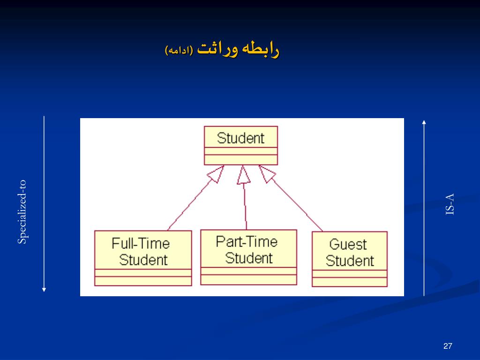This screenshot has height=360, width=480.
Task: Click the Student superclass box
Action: (240, 145)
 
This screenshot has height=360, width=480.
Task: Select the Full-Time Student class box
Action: (143, 258)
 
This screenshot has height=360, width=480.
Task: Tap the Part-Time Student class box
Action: (248, 257)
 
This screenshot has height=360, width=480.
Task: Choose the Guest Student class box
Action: (350, 259)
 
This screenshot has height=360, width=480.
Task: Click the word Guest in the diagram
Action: (348, 244)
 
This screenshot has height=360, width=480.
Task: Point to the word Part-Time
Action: (247, 242)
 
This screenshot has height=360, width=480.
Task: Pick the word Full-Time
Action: (141, 244)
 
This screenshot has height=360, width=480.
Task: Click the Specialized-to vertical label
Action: (22, 212)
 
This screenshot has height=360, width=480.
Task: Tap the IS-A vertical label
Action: (450, 204)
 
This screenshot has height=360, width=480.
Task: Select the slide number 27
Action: (447, 346)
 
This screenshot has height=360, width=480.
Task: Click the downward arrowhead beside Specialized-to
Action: (44, 289)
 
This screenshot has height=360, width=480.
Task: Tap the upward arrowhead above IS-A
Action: (424, 122)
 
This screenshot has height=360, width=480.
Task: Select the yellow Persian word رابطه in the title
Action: (262, 49)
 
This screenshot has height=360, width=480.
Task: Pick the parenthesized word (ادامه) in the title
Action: (179, 50)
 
